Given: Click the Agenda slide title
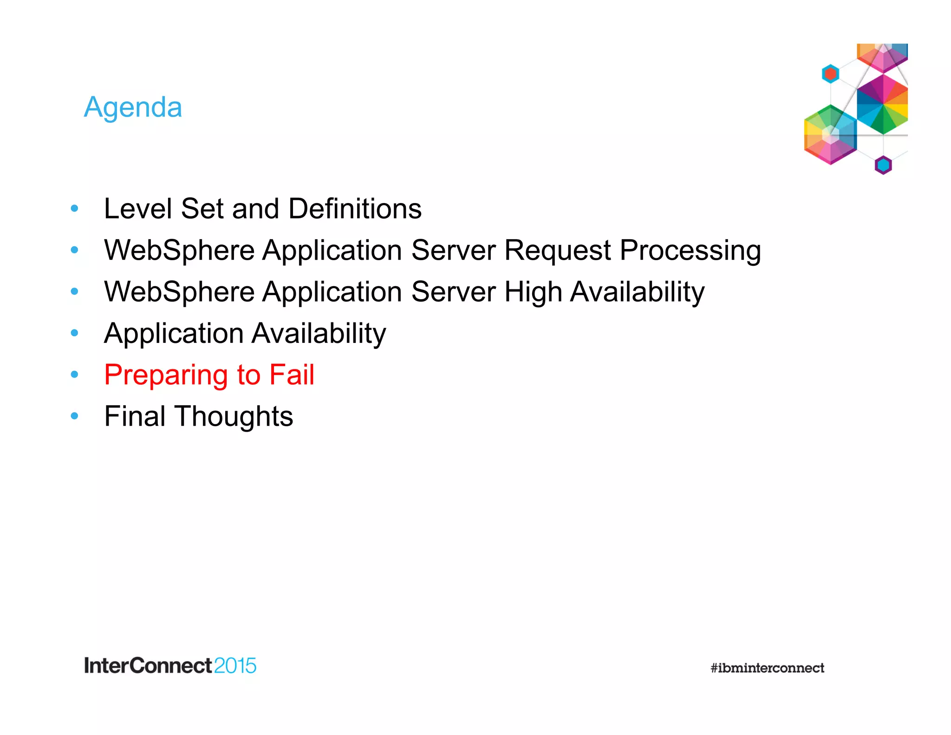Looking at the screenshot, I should point(133,107).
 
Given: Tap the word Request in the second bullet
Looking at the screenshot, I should point(558,250).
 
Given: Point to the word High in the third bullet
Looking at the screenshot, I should point(533,292).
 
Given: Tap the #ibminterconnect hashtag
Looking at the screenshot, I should point(767,668).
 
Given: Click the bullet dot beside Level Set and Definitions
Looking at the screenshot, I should point(74,209).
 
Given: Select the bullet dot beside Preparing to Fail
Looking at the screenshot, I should point(74,374).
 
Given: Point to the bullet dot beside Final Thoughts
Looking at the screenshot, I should point(74,416).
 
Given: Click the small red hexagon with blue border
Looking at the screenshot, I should point(830,74).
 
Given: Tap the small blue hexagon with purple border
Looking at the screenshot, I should point(883,165).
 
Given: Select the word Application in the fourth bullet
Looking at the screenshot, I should point(174,334).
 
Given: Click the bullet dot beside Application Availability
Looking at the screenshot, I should point(74,333).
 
